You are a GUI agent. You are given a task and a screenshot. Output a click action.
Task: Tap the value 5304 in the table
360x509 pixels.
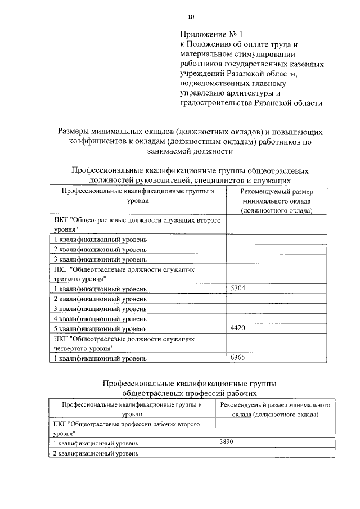[x=239, y=288]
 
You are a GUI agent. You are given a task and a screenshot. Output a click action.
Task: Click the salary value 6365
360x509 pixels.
[x=239, y=357]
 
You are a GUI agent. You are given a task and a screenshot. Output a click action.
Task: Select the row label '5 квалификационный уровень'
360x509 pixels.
[x=100, y=328]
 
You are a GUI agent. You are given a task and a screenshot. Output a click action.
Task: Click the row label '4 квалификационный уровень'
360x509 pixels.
[x=100, y=318]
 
